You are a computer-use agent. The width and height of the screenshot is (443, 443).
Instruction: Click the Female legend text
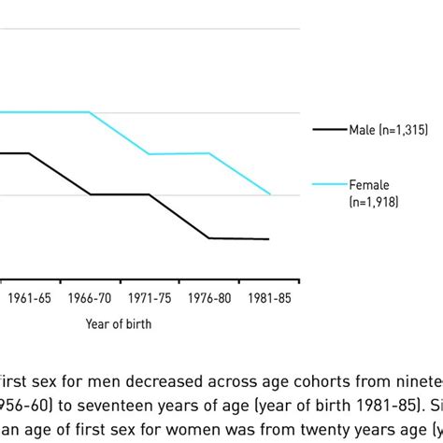(368, 185)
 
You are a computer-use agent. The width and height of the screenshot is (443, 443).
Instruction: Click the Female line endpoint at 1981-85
(270, 194)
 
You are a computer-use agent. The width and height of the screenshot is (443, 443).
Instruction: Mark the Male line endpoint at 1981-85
(269, 239)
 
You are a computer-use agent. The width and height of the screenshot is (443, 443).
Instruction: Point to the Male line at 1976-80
(209, 238)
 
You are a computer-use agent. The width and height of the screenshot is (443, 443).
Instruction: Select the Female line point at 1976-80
(209, 153)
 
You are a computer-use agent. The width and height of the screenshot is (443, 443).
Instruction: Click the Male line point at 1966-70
(91, 194)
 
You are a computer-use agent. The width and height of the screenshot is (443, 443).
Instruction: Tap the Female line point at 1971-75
(150, 153)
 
